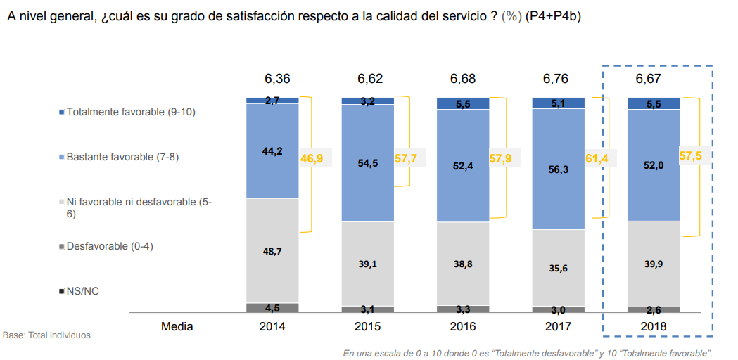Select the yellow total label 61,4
(597, 158)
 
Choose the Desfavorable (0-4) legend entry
(109, 246)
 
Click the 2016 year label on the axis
(463, 326)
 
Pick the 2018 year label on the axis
(654, 326)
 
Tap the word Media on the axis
(177, 326)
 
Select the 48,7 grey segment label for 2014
(272, 250)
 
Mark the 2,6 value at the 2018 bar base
(654, 309)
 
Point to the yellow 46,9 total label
(311, 158)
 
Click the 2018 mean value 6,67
(648, 78)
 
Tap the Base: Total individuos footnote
(46, 335)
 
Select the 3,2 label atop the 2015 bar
(367, 101)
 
